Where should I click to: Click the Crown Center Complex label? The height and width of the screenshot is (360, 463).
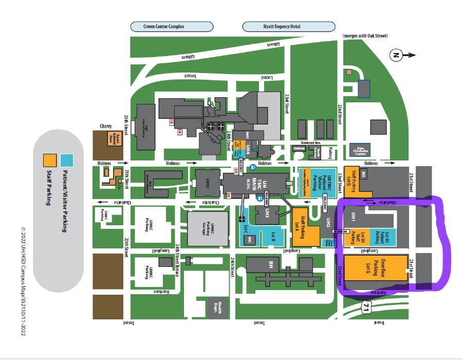[171, 26]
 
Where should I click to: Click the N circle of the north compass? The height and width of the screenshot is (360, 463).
[396, 55]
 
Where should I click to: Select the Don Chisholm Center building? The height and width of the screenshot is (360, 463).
[360, 150]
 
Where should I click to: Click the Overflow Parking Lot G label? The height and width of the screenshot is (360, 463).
[376, 268]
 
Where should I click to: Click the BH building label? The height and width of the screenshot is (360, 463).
[271, 265]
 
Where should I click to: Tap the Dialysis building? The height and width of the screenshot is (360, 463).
[299, 149]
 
